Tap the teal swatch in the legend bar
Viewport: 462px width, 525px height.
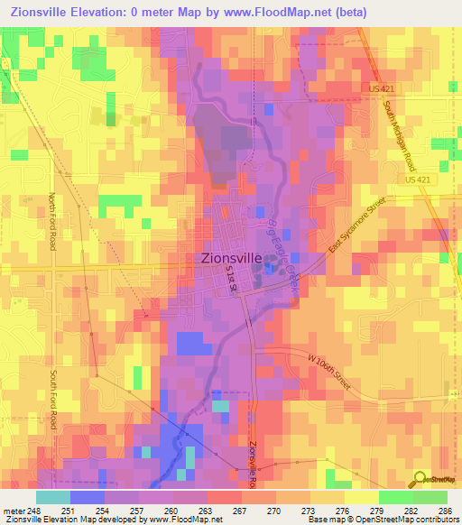click(x=52, y=497)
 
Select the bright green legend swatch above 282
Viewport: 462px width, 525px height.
click(x=396, y=497)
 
